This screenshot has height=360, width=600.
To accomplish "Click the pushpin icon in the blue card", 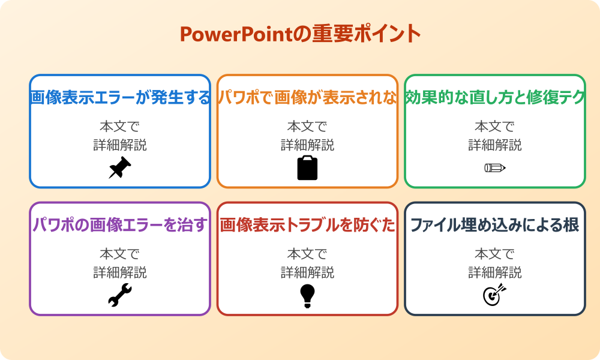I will click(x=119, y=168).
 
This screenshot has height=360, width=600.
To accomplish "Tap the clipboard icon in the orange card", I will click(x=307, y=168).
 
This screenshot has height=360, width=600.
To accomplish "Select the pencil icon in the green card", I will click(x=495, y=167).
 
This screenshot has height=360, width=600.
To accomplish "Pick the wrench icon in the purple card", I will click(x=119, y=296).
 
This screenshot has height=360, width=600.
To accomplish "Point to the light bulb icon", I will click(x=307, y=296).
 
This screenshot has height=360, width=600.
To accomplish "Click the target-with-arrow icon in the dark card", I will click(x=495, y=295).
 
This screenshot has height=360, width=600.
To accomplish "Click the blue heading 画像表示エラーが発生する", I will click(x=120, y=98).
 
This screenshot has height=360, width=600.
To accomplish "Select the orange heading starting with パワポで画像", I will click(x=307, y=98).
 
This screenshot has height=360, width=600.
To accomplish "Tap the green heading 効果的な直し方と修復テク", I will click(x=495, y=98).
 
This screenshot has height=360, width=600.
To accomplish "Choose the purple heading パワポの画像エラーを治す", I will click(x=120, y=226).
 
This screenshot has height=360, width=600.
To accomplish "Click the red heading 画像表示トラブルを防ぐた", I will click(x=307, y=226).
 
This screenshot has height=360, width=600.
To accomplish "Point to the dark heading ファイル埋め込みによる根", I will click(x=495, y=226).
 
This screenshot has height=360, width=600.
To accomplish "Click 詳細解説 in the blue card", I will click(x=120, y=145).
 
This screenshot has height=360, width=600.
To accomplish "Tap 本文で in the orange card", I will click(x=307, y=127).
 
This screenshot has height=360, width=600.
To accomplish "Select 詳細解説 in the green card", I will click(x=495, y=145).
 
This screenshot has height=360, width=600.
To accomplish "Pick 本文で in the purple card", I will click(x=120, y=254).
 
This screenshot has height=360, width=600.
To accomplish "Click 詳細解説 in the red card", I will click(x=307, y=272).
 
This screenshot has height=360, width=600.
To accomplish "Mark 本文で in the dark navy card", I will click(x=495, y=254).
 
